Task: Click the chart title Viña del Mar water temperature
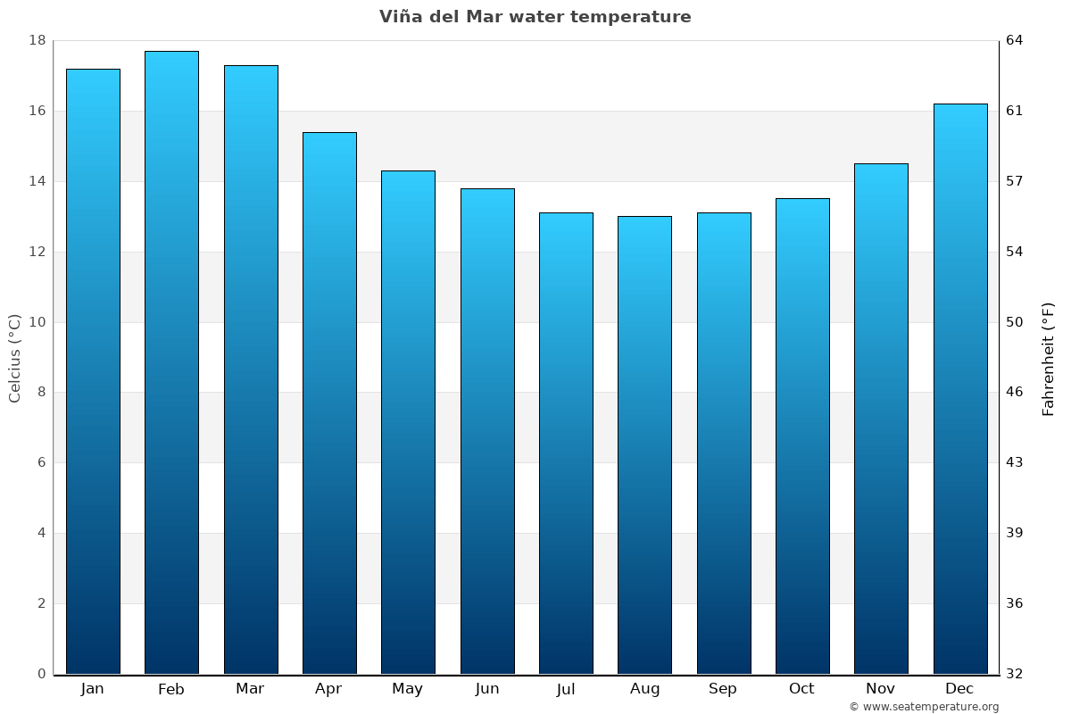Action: [535, 17]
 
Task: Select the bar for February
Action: [171, 362]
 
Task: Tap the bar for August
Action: [644, 444]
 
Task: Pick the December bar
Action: [960, 388]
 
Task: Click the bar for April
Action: [329, 403]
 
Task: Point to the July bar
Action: [566, 443]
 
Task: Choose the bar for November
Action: [881, 419]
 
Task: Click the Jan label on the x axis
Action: [93, 688]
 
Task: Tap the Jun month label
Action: [487, 688]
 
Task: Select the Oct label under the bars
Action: [801, 688]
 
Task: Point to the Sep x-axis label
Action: [723, 688]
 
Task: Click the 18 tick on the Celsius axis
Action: [37, 41]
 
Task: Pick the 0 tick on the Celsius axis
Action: [41, 674]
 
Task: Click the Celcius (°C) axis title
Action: [15, 358]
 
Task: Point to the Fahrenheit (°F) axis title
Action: [1049, 359]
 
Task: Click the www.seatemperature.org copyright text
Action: [924, 707]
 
